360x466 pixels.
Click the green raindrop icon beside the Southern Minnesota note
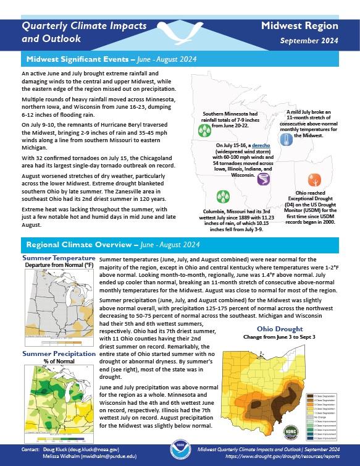tap(203, 130)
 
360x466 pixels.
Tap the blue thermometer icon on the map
tap(285, 139)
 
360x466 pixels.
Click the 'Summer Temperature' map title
tap(59, 258)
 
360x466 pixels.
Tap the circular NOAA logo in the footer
tap(179, 452)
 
